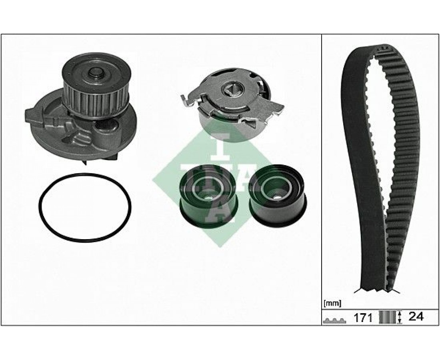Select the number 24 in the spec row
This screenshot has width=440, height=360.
coord(416,316)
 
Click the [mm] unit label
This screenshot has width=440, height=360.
coord(332,303)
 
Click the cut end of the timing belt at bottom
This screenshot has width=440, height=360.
coord(376,288)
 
